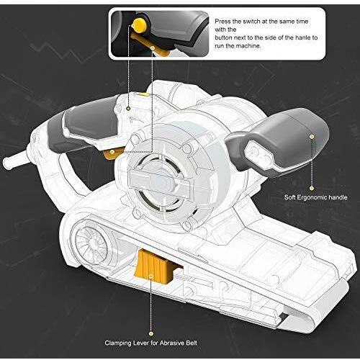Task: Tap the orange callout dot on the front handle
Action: (311, 135)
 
